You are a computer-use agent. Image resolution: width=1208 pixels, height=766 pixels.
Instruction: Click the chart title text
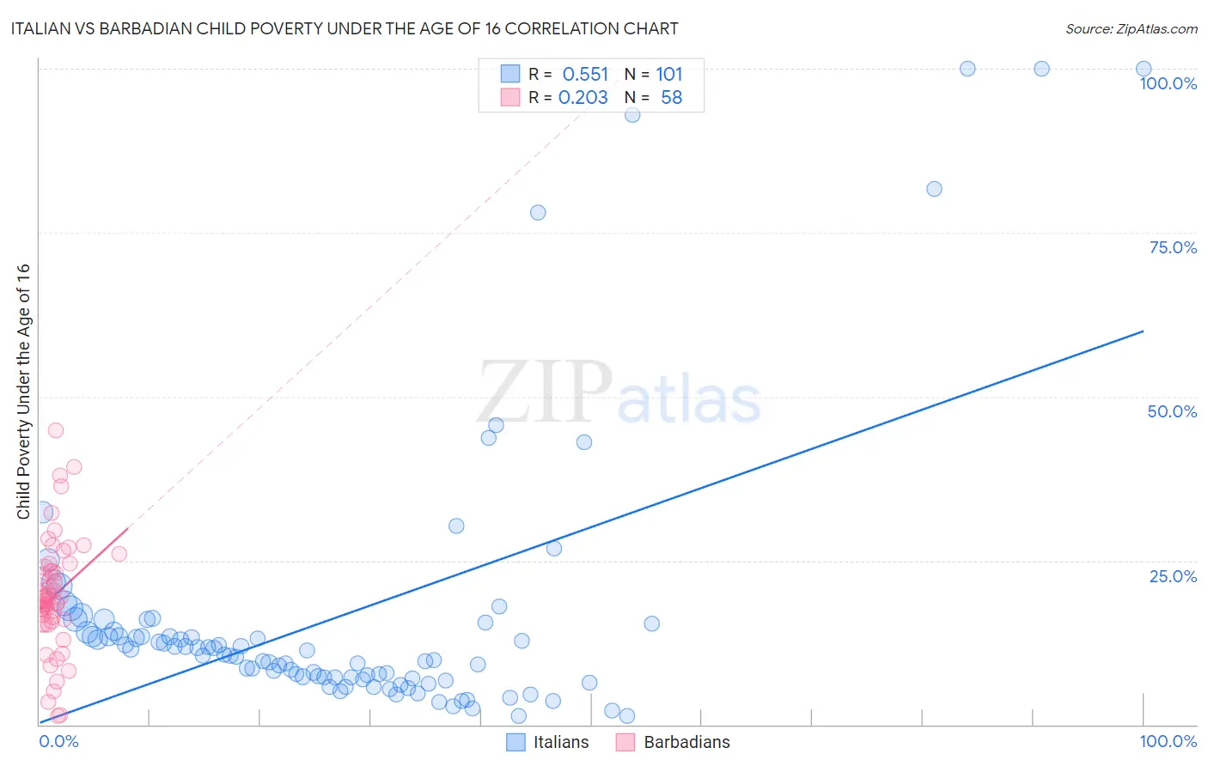345,28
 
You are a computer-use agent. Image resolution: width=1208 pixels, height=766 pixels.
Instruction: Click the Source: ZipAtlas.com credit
1131,28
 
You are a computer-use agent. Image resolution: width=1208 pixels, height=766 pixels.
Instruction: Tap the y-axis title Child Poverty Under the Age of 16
23,391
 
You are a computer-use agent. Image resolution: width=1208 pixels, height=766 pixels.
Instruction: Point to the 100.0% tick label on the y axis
1168,83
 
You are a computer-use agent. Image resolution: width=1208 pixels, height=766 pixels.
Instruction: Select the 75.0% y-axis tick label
1173,247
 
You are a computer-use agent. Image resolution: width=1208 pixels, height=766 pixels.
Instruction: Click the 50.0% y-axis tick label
1172,411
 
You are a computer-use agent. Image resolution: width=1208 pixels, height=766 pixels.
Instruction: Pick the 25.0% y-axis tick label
1173,576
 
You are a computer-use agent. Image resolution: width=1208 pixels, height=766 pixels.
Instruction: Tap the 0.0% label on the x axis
58,741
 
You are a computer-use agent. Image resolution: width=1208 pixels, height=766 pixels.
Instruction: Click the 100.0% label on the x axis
1168,741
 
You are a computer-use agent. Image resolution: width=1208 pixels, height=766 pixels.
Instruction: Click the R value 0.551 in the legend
585,75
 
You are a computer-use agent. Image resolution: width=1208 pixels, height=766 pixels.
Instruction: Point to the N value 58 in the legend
671,98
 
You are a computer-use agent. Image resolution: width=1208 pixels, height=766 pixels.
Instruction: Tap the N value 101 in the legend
669,75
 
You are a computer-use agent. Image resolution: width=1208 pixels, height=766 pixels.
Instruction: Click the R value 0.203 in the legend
583,98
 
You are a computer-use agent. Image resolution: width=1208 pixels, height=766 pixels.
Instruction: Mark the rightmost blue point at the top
1144,69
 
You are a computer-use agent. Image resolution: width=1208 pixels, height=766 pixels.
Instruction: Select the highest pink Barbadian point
56,430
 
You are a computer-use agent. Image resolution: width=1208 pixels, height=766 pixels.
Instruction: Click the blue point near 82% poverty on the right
934,189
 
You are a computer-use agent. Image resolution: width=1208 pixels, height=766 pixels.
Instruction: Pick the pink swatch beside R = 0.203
510,97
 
